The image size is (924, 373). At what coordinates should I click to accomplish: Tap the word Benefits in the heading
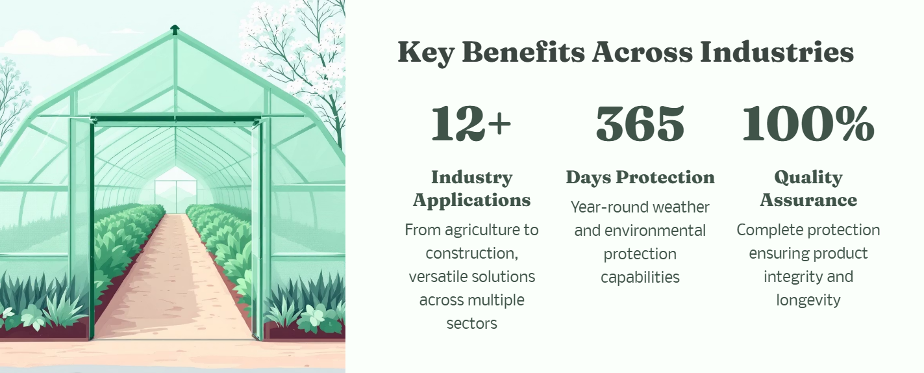(x=523, y=52)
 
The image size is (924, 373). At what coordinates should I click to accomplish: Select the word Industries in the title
(x=777, y=52)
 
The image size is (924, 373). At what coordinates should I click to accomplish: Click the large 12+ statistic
(x=471, y=123)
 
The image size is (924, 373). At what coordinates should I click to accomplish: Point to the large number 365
(x=640, y=123)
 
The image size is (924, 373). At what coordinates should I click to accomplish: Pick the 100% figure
(x=808, y=123)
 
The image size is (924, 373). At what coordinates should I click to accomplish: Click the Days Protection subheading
(x=640, y=178)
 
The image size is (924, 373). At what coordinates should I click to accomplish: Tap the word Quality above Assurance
(x=808, y=178)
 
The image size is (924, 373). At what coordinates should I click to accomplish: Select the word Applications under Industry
(x=471, y=201)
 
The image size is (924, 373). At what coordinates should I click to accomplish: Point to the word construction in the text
(x=471, y=253)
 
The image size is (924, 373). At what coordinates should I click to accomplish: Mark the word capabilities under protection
(x=640, y=277)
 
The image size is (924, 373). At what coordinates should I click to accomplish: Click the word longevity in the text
(x=808, y=300)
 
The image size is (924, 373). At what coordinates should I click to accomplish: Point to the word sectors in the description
(x=471, y=324)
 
